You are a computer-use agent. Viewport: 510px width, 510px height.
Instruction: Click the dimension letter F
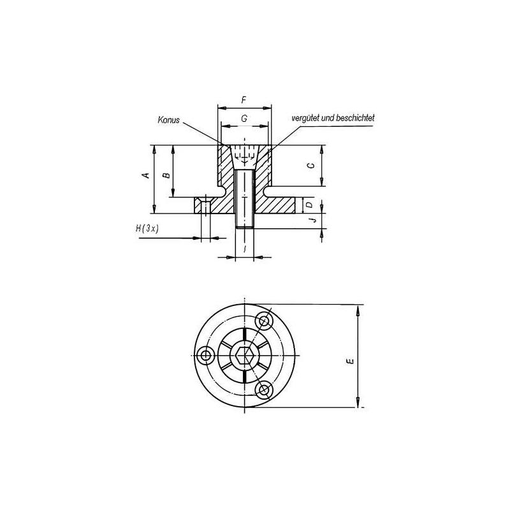click(244, 100)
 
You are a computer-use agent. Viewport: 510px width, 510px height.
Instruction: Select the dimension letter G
click(244, 119)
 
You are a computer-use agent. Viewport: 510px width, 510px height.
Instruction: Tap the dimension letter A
click(146, 175)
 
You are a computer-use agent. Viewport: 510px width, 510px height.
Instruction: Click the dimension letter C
click(310, 165)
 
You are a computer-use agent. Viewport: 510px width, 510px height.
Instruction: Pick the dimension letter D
click(309, 205)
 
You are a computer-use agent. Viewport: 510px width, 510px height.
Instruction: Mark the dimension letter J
click(310, 221)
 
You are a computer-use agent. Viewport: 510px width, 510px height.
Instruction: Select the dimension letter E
click(349, 361)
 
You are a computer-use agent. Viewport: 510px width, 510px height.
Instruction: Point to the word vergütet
click(306, 118)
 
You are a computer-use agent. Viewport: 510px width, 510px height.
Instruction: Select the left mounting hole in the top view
click(206, 354)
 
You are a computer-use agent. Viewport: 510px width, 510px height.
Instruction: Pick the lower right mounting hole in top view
click(264, 389)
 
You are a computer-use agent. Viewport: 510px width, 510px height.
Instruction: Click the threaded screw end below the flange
click(245, 221)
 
